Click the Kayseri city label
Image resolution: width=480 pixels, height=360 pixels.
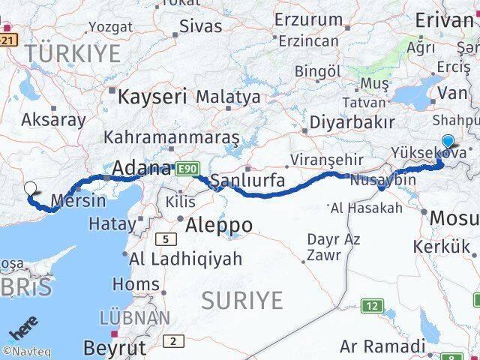click(x=152, y=97)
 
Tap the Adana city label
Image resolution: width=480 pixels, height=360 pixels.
click(x=141, y=169)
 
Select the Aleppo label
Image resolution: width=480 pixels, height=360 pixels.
click(x=218, y=226)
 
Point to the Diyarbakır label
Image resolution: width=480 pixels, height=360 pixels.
click(x=352, y=121)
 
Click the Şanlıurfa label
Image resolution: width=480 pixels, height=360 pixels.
click(x=247, y=181)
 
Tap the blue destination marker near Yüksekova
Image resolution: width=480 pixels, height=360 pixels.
click(x=448, y=141)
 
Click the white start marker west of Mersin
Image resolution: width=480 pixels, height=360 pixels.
click(x=31, y=190)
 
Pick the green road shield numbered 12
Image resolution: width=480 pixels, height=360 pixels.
click(x=371, y=306)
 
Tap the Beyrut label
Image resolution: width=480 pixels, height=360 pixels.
click(x=114, y=347)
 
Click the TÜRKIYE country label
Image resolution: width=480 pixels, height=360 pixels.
click(x=72, y=53)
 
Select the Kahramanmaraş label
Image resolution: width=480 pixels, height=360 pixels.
click(x=172, y=138)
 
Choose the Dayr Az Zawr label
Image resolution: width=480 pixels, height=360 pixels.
click(x=334, y=247)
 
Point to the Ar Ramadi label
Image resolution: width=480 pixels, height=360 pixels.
click(x=382, y=346)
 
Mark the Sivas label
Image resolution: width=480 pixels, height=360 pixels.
click(x=201, y=26)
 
